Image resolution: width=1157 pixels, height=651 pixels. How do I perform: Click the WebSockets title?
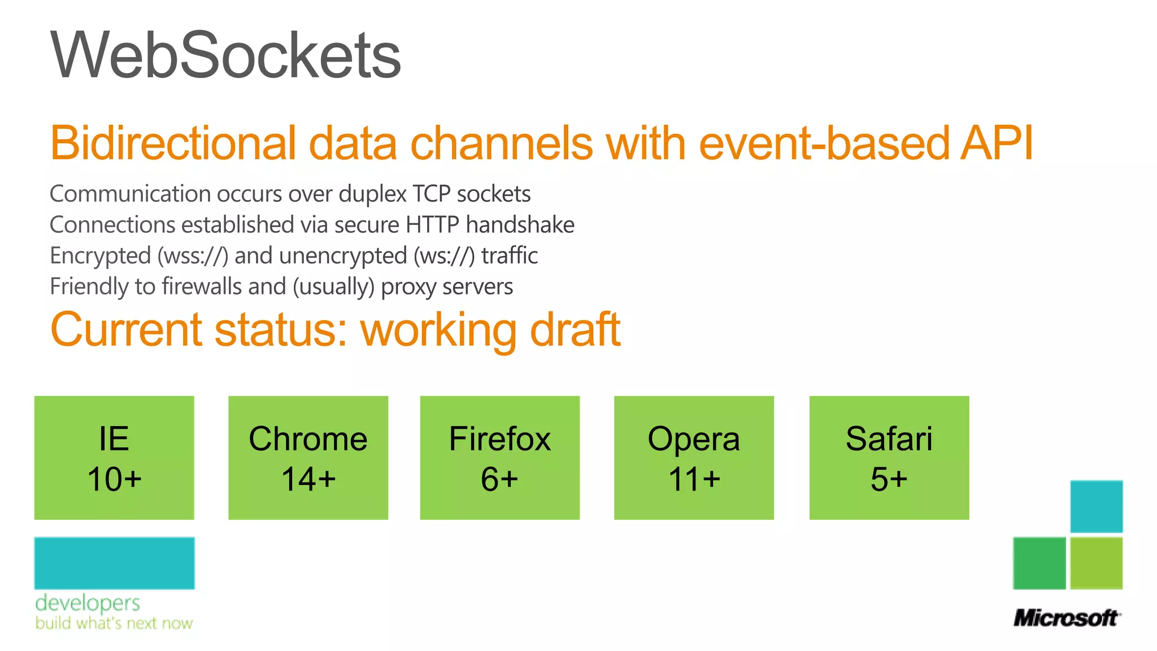tap(225, 55)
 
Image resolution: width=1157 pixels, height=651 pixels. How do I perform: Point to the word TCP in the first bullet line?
tap(431, 194)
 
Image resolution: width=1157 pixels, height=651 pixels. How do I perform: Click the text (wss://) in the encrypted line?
tap(193, 256)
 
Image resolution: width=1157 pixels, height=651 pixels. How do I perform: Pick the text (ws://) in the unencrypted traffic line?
tap(444, 256)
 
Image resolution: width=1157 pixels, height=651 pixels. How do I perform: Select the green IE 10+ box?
tap(114, 458)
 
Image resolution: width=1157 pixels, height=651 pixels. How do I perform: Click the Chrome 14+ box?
tap(308, 458)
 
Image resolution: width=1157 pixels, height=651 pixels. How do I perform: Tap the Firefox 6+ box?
tap(499, 458)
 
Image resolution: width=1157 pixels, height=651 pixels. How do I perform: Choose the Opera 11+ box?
tap(694, 458)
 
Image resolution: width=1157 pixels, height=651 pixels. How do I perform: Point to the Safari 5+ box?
tap(889, 458)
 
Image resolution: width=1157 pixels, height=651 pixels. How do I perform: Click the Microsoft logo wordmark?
tap(1066, 618)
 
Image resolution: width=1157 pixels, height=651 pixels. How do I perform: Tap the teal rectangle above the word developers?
tap(115, 563)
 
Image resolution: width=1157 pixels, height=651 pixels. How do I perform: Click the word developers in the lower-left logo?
tap(88, 603)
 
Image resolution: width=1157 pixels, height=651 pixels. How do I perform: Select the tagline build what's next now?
tap(114, 623)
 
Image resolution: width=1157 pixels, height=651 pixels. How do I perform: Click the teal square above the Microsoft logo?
tap(1096, 506)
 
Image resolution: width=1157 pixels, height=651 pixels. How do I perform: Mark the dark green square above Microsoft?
tap(1039, 563)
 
